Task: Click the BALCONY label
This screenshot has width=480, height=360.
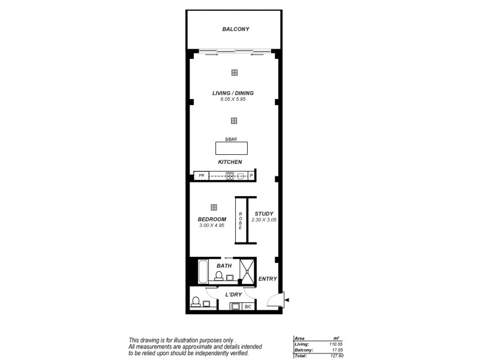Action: (x=235, y=29)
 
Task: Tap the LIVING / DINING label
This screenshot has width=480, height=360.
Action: (x=233, y=93)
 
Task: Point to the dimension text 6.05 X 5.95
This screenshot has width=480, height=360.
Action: (x=233, y=99)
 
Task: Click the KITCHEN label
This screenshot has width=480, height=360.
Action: (x=230, y=163)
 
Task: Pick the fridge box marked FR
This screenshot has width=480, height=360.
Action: (x=202, y=176)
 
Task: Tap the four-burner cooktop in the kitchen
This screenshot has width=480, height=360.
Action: (x=230, y=176)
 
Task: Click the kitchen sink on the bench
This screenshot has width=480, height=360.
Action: (x=241, y=176)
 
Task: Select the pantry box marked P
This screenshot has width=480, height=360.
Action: (x=252, y=176)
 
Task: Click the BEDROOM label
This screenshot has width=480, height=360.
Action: (x=211, y=219)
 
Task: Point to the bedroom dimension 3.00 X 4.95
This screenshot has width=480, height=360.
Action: (x=211, y=226)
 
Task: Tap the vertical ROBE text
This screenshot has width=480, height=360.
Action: (x=240, y=221)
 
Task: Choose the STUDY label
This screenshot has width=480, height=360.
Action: (x=264, y=214)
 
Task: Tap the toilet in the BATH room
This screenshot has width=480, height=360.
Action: (x=220, y=275)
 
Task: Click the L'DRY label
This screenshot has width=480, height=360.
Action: (x=233, y=295)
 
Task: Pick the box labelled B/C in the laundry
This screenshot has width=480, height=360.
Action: (x=248, y=307)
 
